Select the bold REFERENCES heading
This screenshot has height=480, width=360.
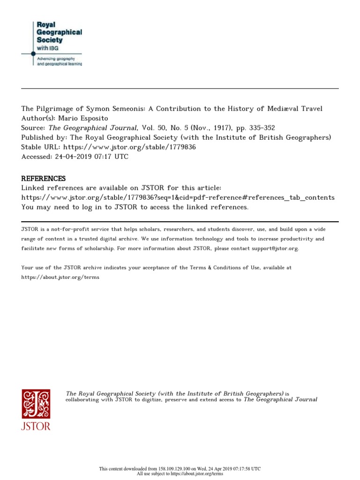click(44, 179)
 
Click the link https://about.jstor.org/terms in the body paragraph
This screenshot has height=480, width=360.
click(60, 277)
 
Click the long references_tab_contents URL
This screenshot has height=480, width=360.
click(178, 197)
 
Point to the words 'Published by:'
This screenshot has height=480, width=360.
click(43, 137)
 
